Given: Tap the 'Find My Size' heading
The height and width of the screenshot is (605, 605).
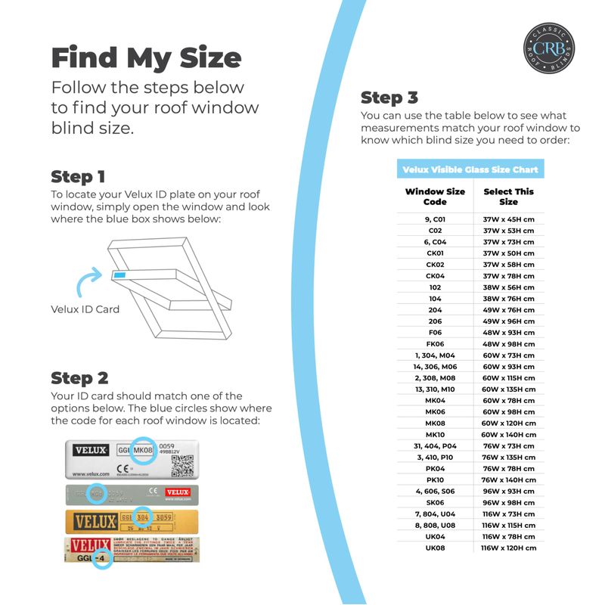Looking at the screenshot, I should [x=146, y=57].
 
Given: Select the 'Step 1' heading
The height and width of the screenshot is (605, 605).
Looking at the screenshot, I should [x=78, y=177].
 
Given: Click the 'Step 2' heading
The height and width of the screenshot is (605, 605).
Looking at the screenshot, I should [x=79, y=377].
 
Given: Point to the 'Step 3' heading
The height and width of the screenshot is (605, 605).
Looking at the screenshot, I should [x=389, y=98].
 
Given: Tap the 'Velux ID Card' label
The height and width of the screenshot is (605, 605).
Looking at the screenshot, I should [x=85, y=309].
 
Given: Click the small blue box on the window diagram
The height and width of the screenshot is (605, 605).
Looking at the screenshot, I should [x=120, y=275].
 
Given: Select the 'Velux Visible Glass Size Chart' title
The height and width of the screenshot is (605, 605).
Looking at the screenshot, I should [x=470, y=169].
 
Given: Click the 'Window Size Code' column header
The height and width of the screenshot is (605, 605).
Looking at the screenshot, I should [x=435, y=197].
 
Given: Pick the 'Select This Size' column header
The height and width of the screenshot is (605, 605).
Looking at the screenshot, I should [x=508, y=197].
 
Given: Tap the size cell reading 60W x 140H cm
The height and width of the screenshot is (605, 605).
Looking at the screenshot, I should [x=508, y=435].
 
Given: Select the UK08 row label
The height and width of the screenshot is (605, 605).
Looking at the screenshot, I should [x=435, y=548].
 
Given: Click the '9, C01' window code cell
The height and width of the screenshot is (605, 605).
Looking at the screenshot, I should [x=435, y=219].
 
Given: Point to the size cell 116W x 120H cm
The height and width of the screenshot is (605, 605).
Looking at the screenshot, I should [x=508, y=548].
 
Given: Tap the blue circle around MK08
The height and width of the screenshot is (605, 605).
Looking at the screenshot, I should [x=143, y=451].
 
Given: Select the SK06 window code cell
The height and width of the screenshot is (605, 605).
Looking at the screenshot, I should [x=435, y=503].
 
